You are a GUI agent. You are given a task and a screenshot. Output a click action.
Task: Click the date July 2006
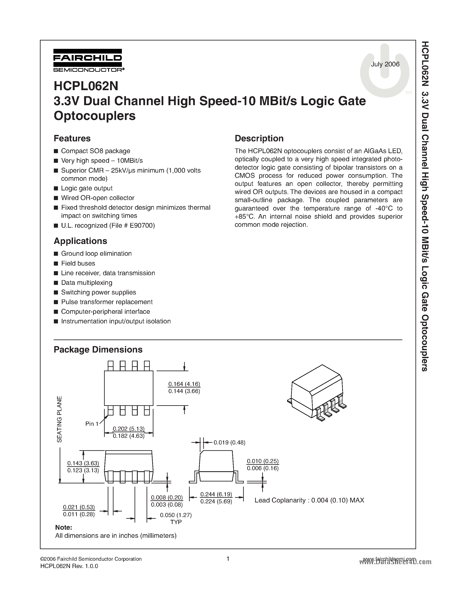click(x=385, y=64)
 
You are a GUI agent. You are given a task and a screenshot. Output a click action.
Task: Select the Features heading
click(x=72, y=138)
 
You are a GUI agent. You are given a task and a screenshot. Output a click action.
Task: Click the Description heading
click(x=259, y=138)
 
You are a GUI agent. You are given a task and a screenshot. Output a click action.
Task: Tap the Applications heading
click(x=80, y=241)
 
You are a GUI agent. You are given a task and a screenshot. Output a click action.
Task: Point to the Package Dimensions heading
click(x=98, y=350)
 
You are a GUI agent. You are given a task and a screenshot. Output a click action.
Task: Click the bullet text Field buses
click(x=78, y=263)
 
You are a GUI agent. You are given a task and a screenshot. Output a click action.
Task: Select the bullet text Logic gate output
click(x=87, y=188)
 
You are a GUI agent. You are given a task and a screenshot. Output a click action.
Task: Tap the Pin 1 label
click(x=92, y=424)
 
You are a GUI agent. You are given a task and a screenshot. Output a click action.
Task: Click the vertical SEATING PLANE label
click(x=59, y=419)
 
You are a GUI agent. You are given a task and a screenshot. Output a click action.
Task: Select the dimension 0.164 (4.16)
click(x=184, y=384)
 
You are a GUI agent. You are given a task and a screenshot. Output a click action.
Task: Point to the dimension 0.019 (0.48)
click(x=229, y=442)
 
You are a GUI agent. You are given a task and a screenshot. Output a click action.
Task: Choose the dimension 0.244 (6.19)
click(x=216, y=494)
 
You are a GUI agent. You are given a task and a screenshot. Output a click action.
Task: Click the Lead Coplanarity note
click(x=309, y=500)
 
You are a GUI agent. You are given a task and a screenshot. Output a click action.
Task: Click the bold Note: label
click(x=64, y=527)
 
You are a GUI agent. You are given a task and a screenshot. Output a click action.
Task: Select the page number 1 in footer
click(x=228, y=559)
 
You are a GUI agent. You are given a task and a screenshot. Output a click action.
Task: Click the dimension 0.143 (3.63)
click(x=83, y=463)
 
